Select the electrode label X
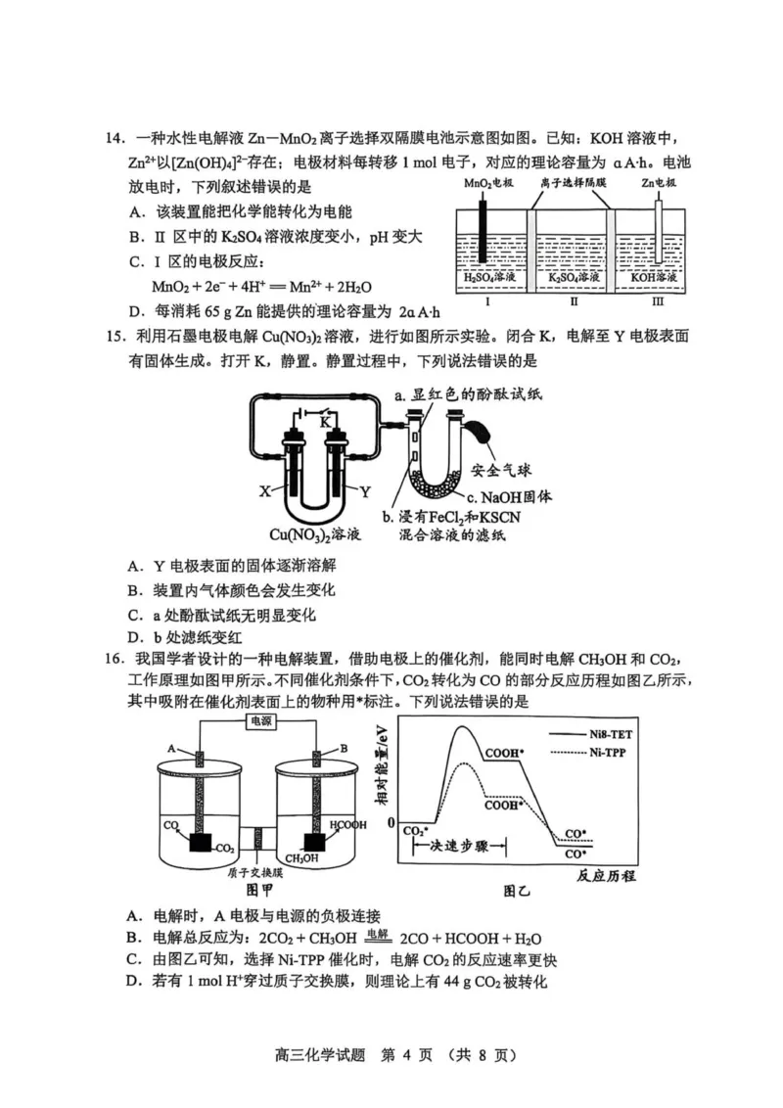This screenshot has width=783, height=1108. tap(264, 491)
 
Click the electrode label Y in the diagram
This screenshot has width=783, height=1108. tap(365, 491)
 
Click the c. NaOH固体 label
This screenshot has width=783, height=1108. tap(506, 495)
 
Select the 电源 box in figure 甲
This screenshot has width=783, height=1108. tap(261, 720)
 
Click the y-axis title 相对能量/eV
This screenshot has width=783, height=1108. tap(381, 769)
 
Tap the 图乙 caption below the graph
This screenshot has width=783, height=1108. tap(516, 891)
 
